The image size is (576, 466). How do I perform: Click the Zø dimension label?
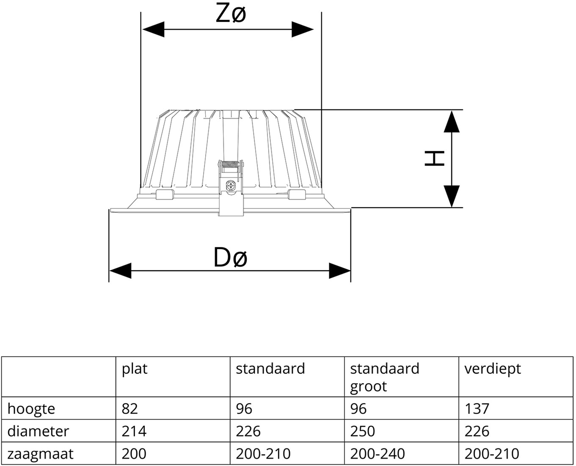tap(231, 14)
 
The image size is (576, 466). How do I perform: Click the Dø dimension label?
tap(230, 257)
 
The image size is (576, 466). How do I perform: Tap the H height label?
tap(435, 158)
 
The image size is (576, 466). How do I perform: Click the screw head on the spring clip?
tap(231, 186)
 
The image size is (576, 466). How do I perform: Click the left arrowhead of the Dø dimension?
tap(120, 270)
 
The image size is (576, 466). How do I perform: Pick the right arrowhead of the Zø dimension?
tap(302, 29)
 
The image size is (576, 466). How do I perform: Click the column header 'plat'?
tap(135, 369)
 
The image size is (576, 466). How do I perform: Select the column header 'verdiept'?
tap(492, 369)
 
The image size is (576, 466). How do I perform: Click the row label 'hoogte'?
tap(31, 409)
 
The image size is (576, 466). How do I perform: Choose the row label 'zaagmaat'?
tap(40, 454)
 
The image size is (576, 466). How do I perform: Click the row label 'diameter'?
tap(38, 431)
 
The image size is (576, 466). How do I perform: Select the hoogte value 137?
tap(477, 409)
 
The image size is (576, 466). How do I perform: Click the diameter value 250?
tap(362, 431)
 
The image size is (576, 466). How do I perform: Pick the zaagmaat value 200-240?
tap(377, 454)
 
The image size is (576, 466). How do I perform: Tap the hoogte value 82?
tap(130, 409)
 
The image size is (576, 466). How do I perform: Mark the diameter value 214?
tap(134, 431)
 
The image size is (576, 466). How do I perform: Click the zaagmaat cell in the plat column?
tap(134, 454)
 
